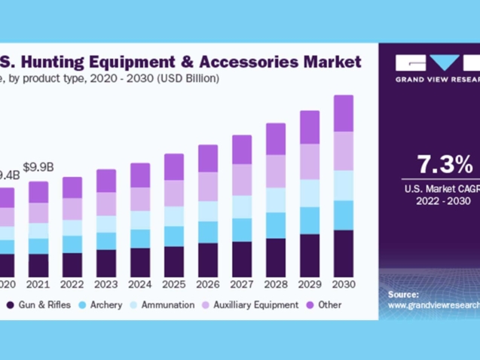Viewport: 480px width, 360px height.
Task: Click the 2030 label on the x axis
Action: point(344,284)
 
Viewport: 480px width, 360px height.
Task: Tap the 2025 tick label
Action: point(173,284)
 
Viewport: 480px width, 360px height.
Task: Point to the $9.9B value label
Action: point(38,166)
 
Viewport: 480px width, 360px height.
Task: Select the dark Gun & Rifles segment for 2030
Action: point(344,253)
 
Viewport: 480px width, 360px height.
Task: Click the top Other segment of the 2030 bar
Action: point(344,113)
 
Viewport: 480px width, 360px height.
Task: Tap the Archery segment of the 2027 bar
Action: point(242,230)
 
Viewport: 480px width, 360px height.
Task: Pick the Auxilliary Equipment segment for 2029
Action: point(310,161)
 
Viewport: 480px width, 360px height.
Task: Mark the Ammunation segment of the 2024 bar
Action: point(140,219)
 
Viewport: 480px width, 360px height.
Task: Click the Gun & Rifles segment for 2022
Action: point(72,265)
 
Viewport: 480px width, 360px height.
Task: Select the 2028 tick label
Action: point(276,284)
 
